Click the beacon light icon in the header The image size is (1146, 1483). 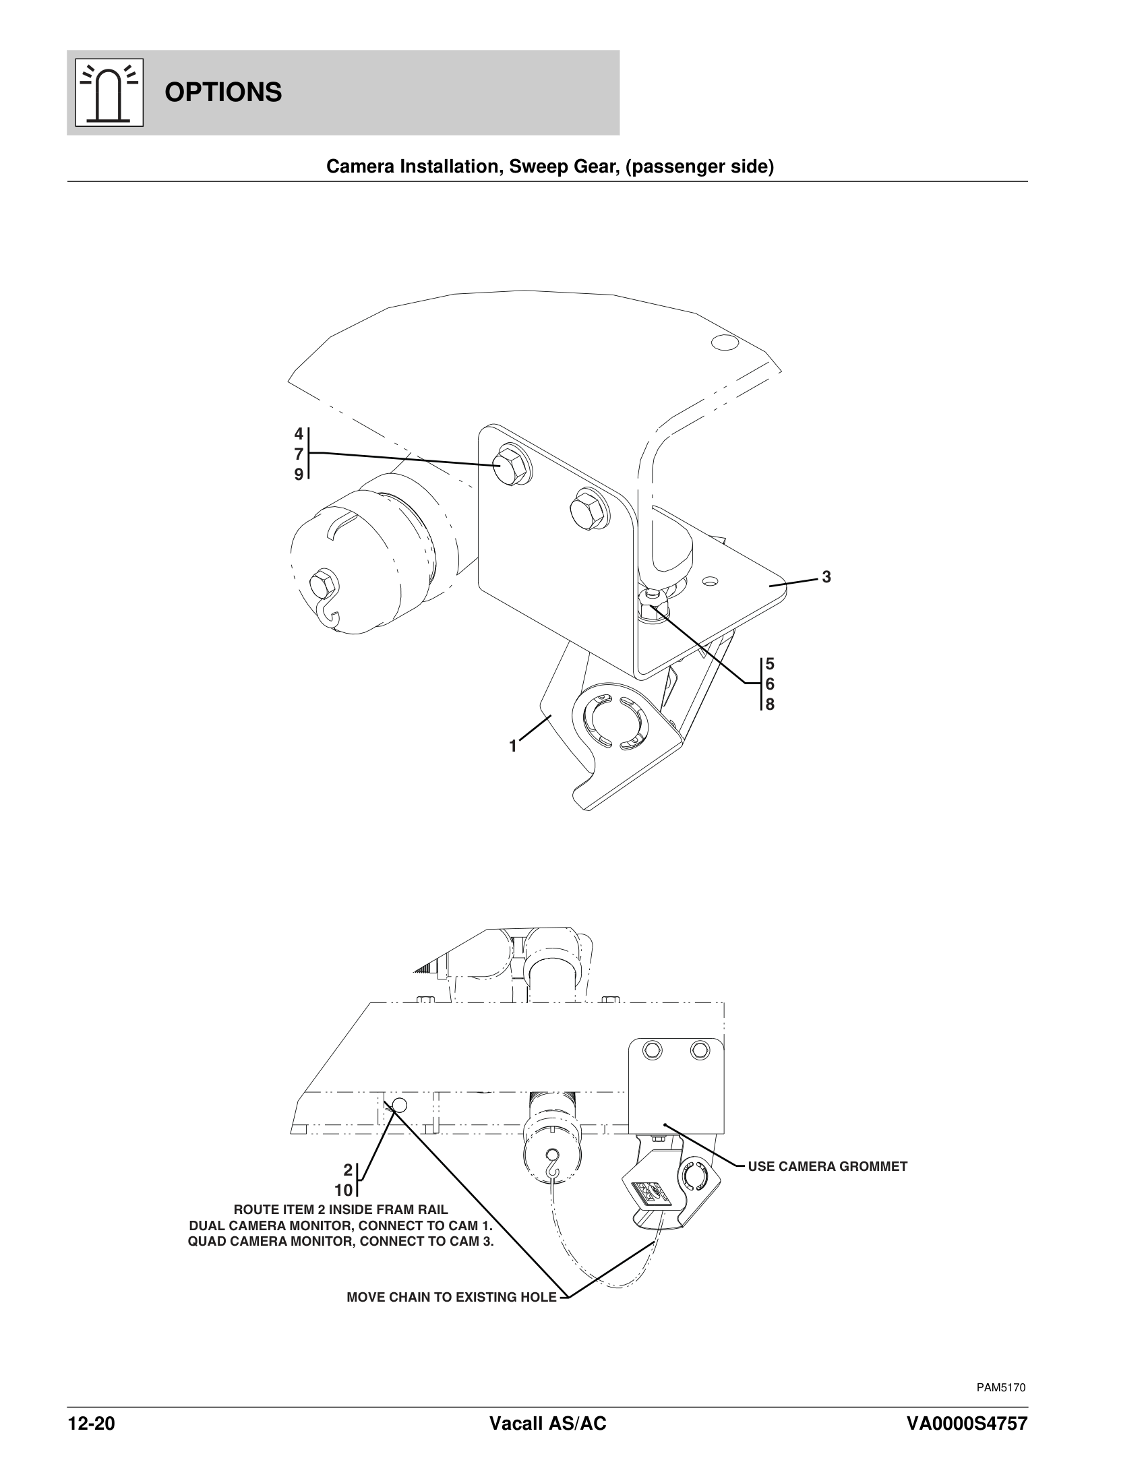click(x=109, y=92)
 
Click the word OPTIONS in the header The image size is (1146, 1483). click(x=222, y=92)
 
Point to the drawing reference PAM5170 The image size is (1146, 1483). click(x=1000, y=1388)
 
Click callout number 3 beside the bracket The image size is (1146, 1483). click(x=826, y=577)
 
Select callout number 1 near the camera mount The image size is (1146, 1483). click(x=513, y=746)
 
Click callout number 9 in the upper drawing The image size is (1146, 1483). click(x=299, y=475)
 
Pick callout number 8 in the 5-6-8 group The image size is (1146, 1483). click(x=770, y=704)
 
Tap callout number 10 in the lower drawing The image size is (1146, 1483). click(x=344, y=1190)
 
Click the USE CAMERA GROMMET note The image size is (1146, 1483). click(x=827, y=1167)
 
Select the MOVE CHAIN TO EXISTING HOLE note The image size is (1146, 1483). click(x=452, y=1298)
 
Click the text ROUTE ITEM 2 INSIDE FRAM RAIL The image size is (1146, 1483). click(x=341, y=1209)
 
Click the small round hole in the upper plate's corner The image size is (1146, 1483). click(x=725, y=342)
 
